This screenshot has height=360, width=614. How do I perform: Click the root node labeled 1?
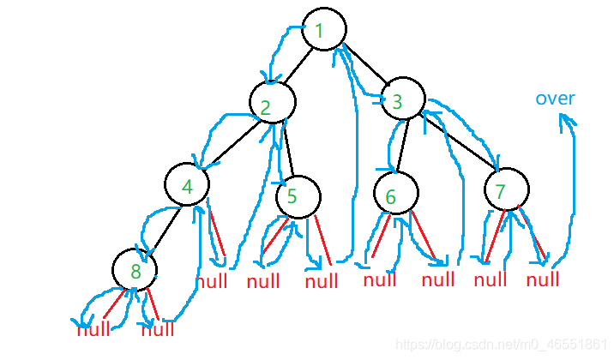(323, 30)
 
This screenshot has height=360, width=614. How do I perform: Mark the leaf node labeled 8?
(135, 271)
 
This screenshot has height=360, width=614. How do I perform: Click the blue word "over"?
(555, 99)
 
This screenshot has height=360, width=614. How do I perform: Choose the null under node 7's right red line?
(542, 279)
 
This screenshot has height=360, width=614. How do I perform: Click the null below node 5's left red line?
(263, 281)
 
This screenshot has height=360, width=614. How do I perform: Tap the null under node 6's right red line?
(437, 279)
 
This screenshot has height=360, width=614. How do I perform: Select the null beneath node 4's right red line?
(212, 281)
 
